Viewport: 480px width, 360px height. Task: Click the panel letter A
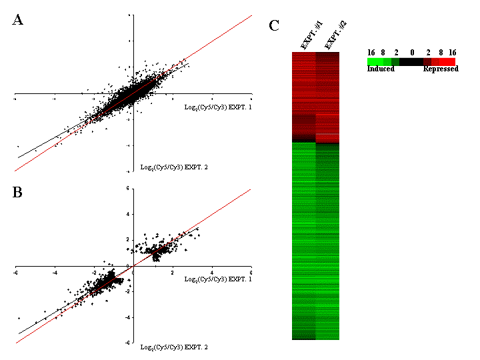pyautogui.click(x=18, y=20)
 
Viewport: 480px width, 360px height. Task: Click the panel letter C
pyautogui.click(x=274, y=26)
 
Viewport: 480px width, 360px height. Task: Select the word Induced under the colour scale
pyautogui.click(x=381, y=69)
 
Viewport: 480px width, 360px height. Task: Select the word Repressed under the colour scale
pyautogui.click(x=441, y=69)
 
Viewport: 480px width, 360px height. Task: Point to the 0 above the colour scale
pyautogui.click(x=412, y=51)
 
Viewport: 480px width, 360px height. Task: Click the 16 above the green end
pyautogui.click(x=371, y=51)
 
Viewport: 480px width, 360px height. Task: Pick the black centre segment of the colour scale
pyautogui.click(x=412, y=61)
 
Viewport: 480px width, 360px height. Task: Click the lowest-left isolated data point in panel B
pyautogui.click(x=19, y=318)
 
